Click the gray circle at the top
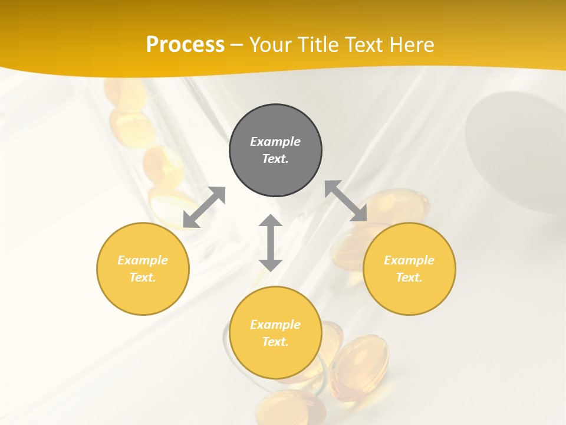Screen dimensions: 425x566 tap(275, 150)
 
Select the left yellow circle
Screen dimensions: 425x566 tap(143, 269)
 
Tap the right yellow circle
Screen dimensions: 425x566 tap(409, 269)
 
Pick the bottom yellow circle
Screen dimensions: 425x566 tap(275, 333)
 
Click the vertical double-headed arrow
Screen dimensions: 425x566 tap(271, 243)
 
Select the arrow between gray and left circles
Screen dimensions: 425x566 tap(204, 207)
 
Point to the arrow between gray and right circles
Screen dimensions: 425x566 tap(346, 201)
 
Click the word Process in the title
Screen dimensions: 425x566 tap(185, 44)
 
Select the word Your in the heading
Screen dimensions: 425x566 tap(271, 44)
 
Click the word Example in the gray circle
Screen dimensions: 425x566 tap(275, 142)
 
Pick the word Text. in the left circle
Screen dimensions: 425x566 tap(143, 277)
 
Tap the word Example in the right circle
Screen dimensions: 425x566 tap(409, 260)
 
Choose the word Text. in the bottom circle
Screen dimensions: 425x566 tap(275, 342)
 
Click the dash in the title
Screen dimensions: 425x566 tap(236, 45)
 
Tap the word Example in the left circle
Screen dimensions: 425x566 tap(143, 260)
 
